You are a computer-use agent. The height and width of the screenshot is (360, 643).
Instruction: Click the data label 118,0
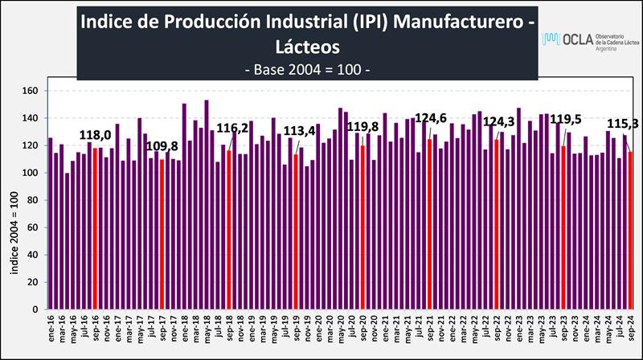click(x=94, y=135)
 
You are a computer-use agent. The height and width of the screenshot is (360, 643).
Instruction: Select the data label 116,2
click(x=233, y=127)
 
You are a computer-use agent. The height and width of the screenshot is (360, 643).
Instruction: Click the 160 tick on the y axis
click(x=31, y=91)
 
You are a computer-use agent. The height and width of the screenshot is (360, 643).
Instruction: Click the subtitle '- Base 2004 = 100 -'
click(x=306, y=70)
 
